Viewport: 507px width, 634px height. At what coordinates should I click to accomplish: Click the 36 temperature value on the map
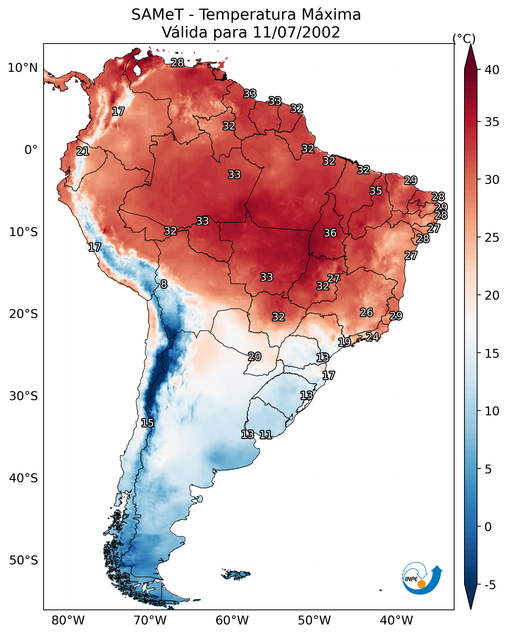pyautogui.click(x=330, y=233)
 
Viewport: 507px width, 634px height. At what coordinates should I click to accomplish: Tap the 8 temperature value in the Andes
pyautogui.click(x=164, y=284)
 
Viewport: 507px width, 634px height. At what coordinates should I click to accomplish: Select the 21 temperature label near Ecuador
pyautogui.click(x=82, y=151)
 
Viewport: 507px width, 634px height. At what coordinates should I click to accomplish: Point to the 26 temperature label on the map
pyautogui.click(x=366, y=312)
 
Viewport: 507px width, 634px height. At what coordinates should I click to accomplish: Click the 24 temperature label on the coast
pyautogui.click(x=372, y=336)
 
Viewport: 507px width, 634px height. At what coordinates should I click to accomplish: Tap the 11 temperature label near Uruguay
pyautogui.click(x=265, y=434)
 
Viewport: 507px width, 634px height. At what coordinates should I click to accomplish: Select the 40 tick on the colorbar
pyautogui.click(x=492, y=70)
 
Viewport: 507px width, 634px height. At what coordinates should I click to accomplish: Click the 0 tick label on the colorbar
pyautogui.click(x=488, y=527)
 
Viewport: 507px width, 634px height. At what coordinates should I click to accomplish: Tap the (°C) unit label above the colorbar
pyautogui.click(x=464, y=38)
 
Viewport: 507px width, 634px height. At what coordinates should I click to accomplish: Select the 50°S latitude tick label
pyautogui.click(x=24, y=560)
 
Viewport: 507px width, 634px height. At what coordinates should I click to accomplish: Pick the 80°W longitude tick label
pyautogui.click(x=68, y=620)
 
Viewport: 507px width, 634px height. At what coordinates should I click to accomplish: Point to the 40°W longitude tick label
pyautogui.click(x=396, y=620)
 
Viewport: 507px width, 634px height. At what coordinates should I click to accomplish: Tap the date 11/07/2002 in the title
pyautogui.click(x=296, y=32)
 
